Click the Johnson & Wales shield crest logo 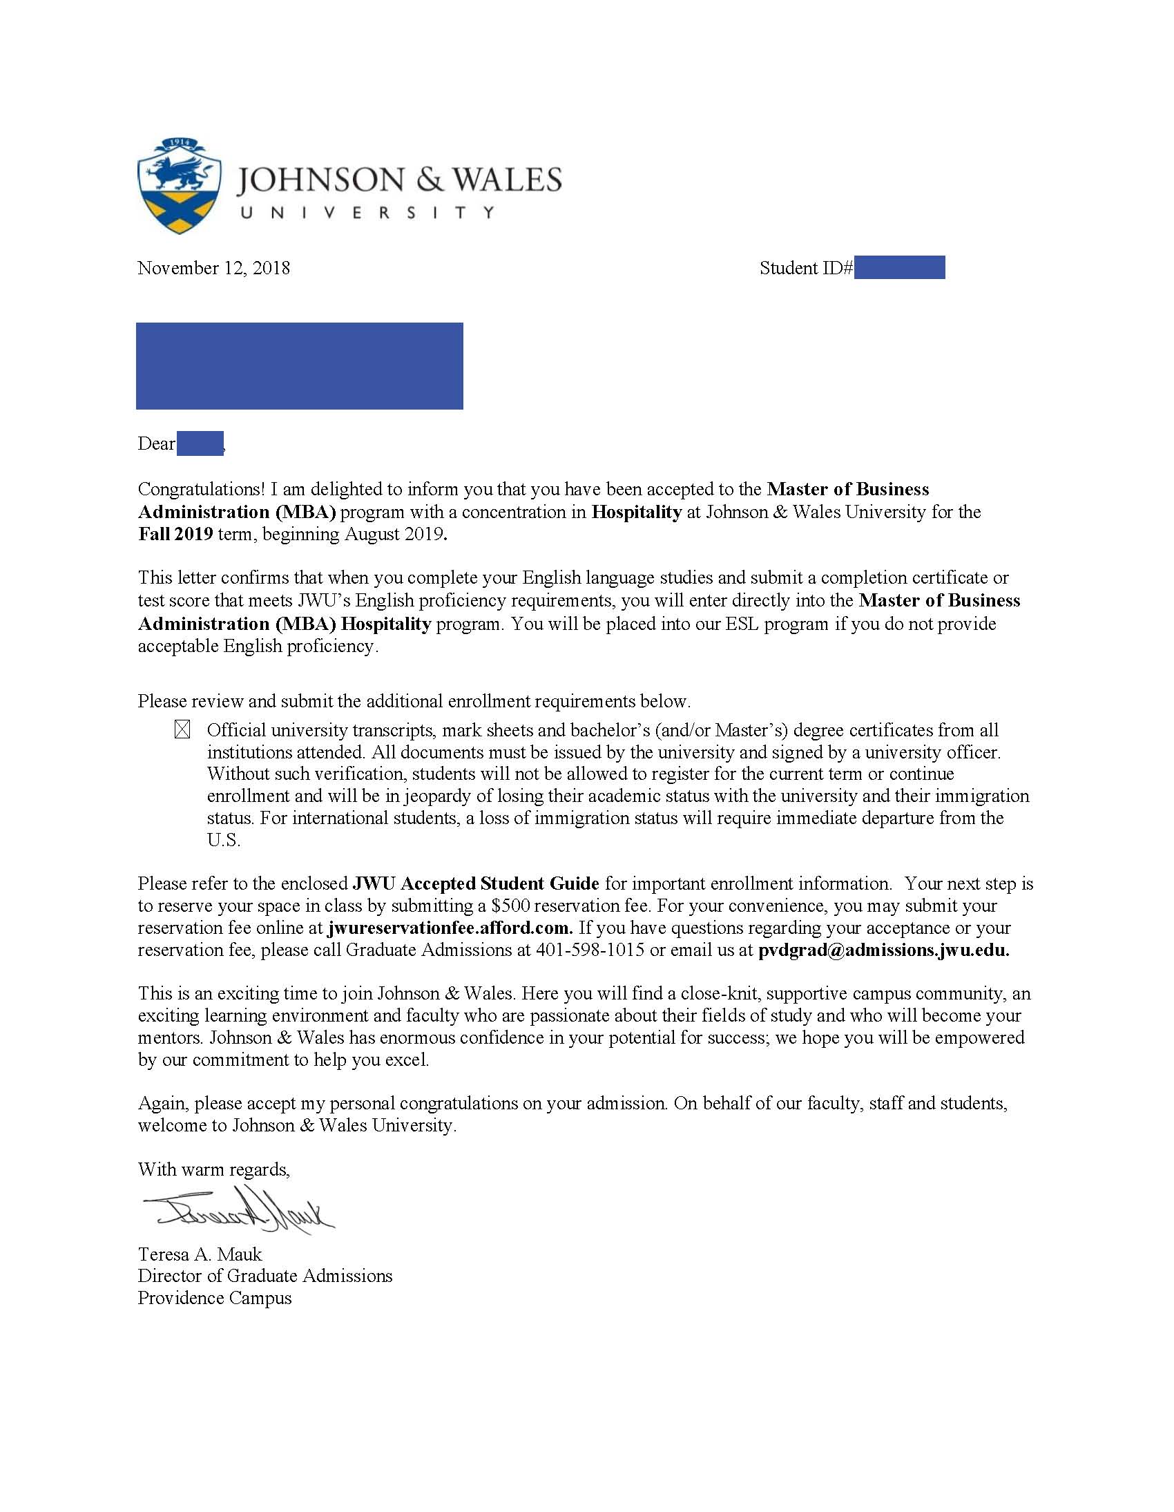pos(180,186)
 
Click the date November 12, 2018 pos(214,268)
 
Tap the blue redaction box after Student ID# pos(899,267)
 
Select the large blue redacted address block pos(299,365)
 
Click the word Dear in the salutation pos(157,443)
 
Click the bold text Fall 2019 pos(176,534)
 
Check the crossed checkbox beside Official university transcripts pos(182,729)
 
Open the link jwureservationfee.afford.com pos(450,928)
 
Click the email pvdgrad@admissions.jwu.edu pos(883,950)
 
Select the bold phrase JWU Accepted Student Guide pos(477,883)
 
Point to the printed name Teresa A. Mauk pos(200,1254)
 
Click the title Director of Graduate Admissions pos(265,1275)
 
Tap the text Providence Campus pos(215,1297)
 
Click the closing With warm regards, pos(214,1169)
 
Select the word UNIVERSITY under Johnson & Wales pos(367,213)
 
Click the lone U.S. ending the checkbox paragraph pos(224,841)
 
